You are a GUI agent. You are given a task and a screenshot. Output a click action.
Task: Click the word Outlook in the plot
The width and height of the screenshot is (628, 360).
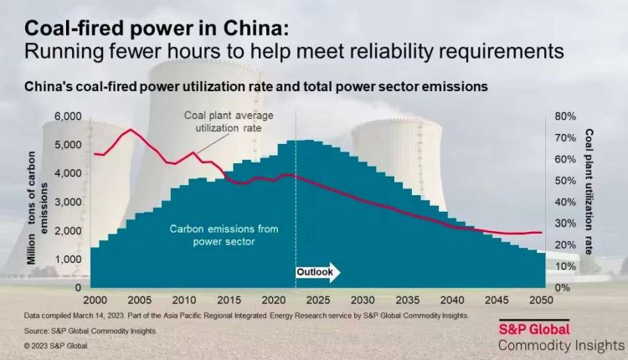pos(316,272)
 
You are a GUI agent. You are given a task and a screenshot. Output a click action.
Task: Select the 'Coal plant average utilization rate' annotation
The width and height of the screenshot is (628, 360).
pos(222,124)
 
